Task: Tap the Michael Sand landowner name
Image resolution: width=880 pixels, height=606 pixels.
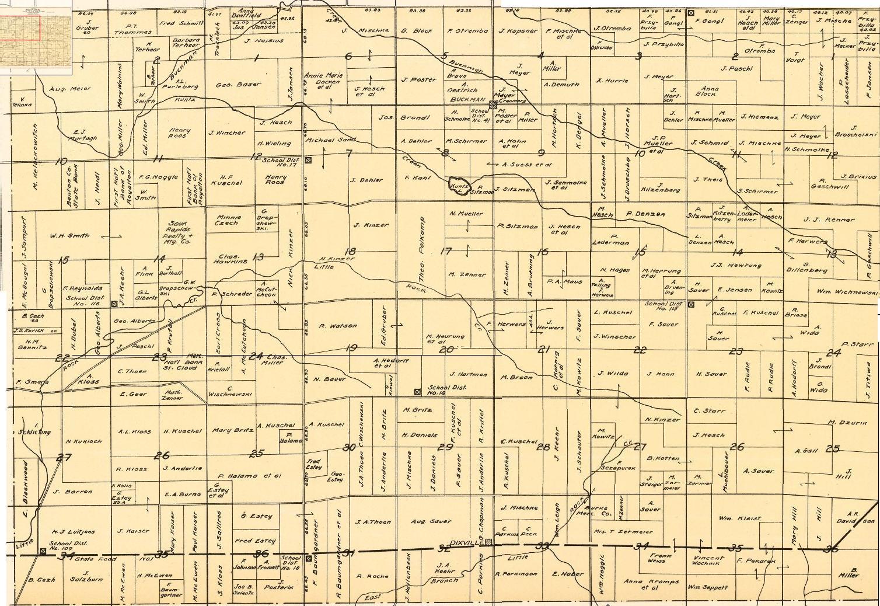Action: [338, 141]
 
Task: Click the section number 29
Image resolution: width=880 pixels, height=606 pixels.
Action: [446, 447]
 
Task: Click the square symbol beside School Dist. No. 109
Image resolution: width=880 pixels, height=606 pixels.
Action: [43, 551]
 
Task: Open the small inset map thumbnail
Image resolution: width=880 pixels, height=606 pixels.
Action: [36, 37]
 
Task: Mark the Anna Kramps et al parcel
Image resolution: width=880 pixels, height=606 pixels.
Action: [651, 584]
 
